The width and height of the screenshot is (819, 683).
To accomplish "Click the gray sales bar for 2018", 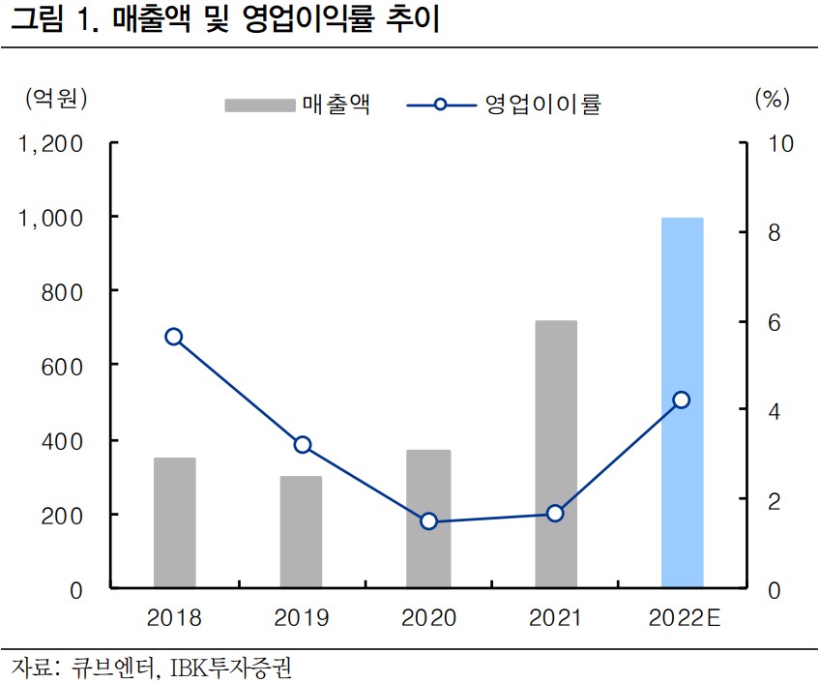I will click(174, 522).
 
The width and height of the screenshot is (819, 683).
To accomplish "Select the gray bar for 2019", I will click(301, 532).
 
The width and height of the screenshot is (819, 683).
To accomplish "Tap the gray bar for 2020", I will click(428, 519).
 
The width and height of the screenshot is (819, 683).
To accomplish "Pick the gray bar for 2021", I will click(555, 454).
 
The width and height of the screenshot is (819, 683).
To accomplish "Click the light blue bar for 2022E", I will click(682, 402).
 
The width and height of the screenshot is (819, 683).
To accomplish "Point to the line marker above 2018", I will click(174, 337).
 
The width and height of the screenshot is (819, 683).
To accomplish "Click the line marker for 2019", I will click(303, 445).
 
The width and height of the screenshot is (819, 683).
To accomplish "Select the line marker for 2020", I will click(429, 521).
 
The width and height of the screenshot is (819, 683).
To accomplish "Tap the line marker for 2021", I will click(555, 513).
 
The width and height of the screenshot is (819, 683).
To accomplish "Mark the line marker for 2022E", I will click(682, 400).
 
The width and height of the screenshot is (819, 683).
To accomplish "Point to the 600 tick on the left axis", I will click(62, 366).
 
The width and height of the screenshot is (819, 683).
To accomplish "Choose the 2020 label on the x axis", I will click(428, 617).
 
